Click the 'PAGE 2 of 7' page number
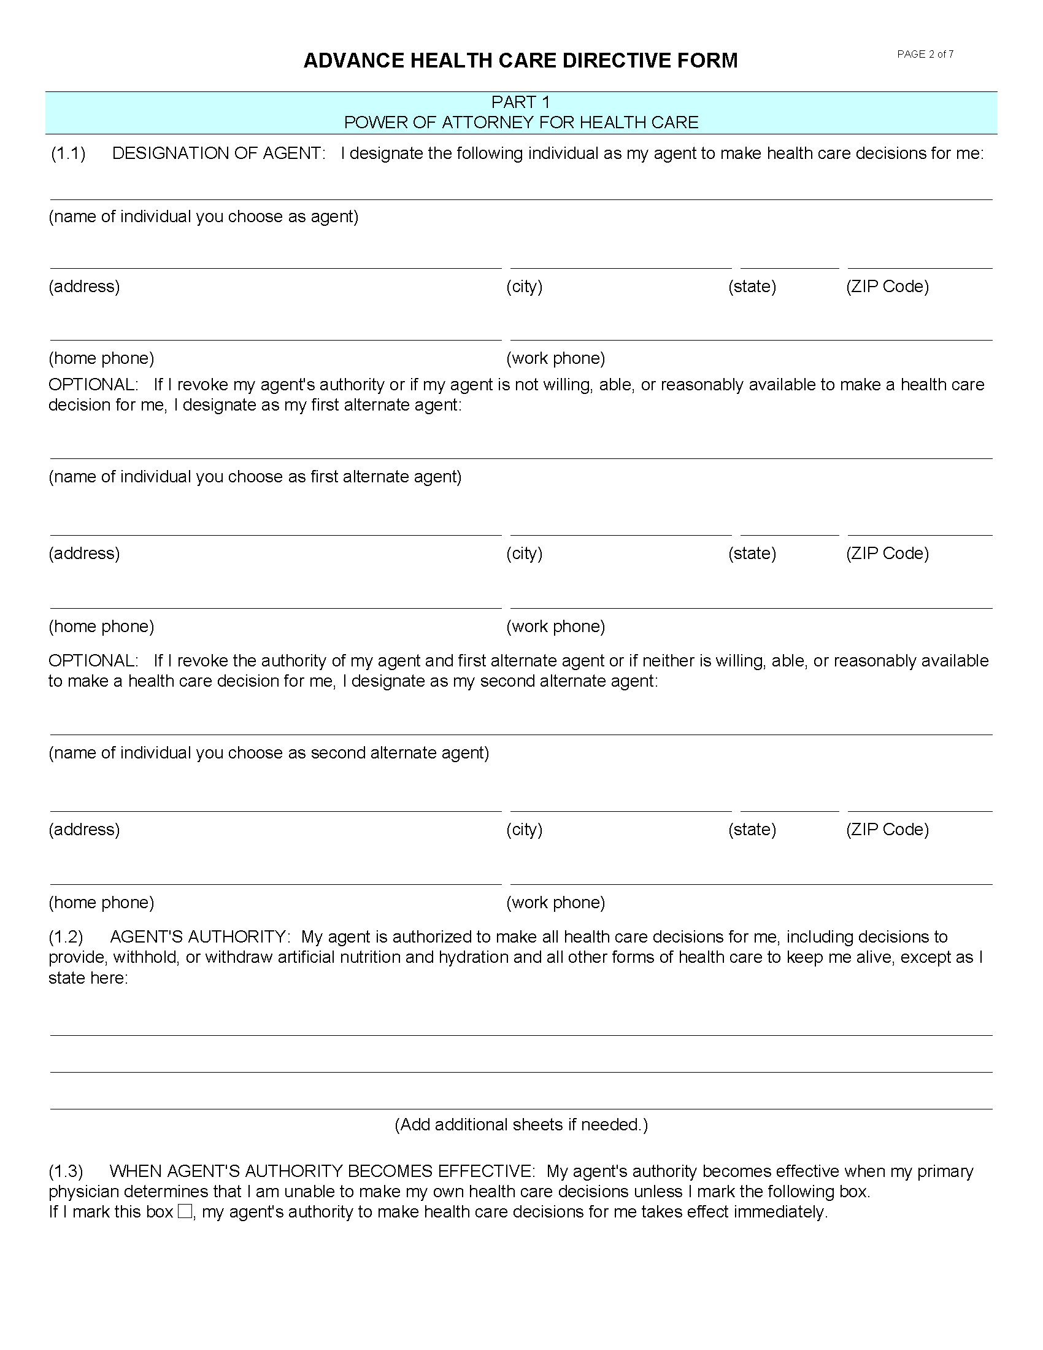click(925, 55)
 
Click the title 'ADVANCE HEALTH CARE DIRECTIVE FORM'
click(520, 61)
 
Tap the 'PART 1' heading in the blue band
click(520, 102)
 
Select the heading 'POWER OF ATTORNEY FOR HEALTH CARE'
click(520, 122)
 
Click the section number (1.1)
click(68, 153)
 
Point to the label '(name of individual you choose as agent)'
click(203, 217)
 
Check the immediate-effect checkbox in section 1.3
click(185, 1211)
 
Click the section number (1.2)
click(66, 936)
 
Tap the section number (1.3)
click(66, 1171)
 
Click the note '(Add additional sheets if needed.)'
click(521, 1124)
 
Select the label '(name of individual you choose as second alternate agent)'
click(269, 752)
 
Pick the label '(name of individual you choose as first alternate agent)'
click(255, 477)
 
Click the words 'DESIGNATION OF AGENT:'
click(219, 153)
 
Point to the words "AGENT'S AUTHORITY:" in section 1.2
click(199, 936)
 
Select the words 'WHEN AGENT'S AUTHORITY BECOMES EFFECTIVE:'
click(322, 1171)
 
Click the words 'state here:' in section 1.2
click(88, 978)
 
